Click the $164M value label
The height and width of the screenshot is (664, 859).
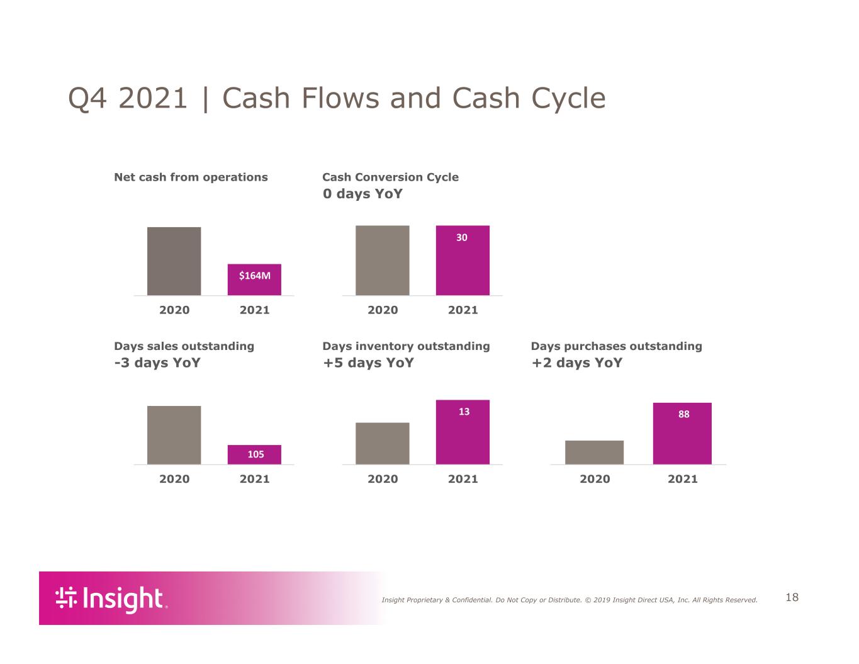tap(254, 276)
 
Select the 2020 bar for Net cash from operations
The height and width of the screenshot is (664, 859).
tap(174, 261)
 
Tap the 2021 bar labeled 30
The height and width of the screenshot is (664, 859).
tap(463, 260)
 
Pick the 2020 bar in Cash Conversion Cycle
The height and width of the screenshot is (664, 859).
tap(382, 260)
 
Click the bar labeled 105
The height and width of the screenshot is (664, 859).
tap(254, 454)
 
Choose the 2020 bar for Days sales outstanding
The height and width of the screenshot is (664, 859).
tap(174, 435)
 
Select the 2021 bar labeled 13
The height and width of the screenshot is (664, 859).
tap(463, 432)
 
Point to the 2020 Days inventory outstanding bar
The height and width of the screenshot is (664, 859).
tap(382, 444)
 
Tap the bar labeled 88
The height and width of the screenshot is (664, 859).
tap(682, 434)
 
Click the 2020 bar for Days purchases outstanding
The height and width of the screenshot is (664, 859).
tap(594, 452)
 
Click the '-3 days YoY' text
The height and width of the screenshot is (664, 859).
tap(157, 363)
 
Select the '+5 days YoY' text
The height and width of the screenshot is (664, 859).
tap(368, 363)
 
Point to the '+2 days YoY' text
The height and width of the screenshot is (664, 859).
tap(576, 363)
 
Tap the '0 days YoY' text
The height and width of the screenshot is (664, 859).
tap(362, 194)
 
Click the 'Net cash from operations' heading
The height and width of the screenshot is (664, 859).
tap(191, 177)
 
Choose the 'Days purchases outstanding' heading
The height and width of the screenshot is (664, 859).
tap(616, 346)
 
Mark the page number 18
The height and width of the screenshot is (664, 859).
tap(792, 597)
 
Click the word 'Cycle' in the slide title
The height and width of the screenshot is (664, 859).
tap(568, 98)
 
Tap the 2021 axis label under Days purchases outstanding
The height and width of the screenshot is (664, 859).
tap(682, 479)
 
